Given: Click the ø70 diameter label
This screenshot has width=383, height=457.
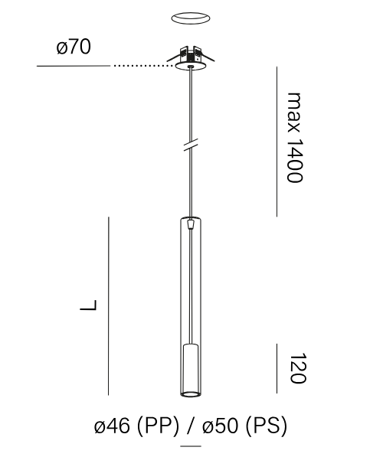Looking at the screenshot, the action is point(74,47).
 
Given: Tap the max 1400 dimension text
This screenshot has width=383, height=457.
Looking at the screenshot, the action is point(295,138).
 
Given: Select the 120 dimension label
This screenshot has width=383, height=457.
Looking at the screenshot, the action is point(297,368).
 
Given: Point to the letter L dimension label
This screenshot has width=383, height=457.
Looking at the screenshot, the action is point(88,305).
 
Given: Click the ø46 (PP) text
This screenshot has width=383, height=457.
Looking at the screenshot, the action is point(136,426).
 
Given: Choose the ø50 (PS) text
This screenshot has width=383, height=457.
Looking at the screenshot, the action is point(244,426).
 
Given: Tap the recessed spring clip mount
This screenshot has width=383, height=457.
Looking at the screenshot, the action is point(191,54).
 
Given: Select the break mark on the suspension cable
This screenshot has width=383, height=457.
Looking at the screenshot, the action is point(191,145).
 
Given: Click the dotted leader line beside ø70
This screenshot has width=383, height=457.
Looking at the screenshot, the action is point(144,66).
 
